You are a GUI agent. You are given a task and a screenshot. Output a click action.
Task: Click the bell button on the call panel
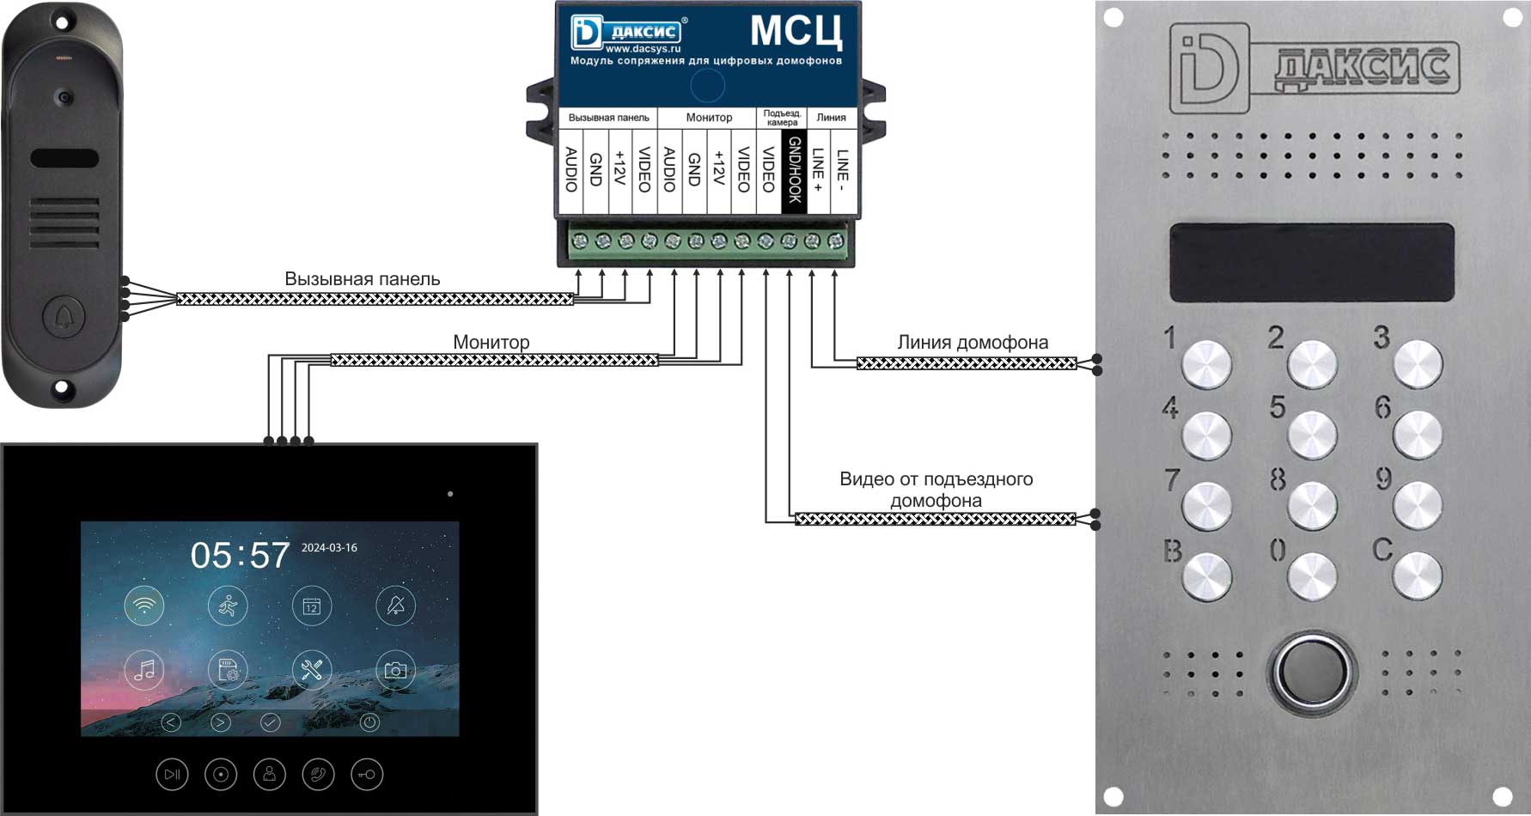[x=63, y=317]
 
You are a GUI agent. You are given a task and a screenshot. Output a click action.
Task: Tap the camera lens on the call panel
[x=63, y=98]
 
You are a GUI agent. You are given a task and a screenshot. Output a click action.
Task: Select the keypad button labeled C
[x=1417, y=575]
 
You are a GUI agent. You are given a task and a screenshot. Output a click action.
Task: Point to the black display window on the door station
[x=1311, y=263]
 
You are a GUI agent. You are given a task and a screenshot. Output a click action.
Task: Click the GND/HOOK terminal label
[x=794, y=170]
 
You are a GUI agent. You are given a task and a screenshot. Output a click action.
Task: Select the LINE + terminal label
[x=818, y=170]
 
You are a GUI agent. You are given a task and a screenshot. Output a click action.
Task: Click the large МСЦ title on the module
[x=796, y=31]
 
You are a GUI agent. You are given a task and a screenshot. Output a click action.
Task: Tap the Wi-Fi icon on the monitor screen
[x=144, y=606]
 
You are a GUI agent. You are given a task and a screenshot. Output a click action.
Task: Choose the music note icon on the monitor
[x=144, y=670]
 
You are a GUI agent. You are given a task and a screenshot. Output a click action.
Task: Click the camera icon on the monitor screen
[x=395, y=670]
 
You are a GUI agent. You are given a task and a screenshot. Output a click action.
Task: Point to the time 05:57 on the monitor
[x=240, y=555]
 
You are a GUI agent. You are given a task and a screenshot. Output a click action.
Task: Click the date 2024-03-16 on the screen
[x=329, y=547]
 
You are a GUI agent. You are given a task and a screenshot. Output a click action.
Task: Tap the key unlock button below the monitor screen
[x=367, y=775]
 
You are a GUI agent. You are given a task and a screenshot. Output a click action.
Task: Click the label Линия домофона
[x=973, y=342]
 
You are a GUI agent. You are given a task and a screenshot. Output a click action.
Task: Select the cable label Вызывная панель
[x=363, y=279]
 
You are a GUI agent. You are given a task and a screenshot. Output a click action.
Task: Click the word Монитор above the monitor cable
[x=491, y=342]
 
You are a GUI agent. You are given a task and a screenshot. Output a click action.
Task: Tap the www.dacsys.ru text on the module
[x=644, y=49]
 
